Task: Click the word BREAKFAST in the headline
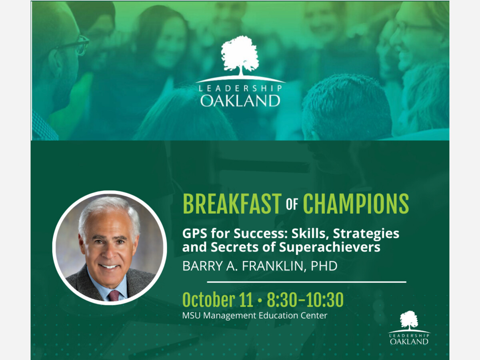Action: click(x=232, y=204)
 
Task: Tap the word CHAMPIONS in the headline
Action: click(x=356, y=204)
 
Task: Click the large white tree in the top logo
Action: click(x=240, y=56)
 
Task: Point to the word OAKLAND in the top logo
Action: click(x=240, y=101)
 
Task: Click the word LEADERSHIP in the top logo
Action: click(x=240, y=88)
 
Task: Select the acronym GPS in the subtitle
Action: click(x=195, y=234)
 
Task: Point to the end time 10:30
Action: click(x=324, y=300)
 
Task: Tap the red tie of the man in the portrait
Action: click(x=114, y=295)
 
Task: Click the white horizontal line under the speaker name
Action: click(x=306, y=282)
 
